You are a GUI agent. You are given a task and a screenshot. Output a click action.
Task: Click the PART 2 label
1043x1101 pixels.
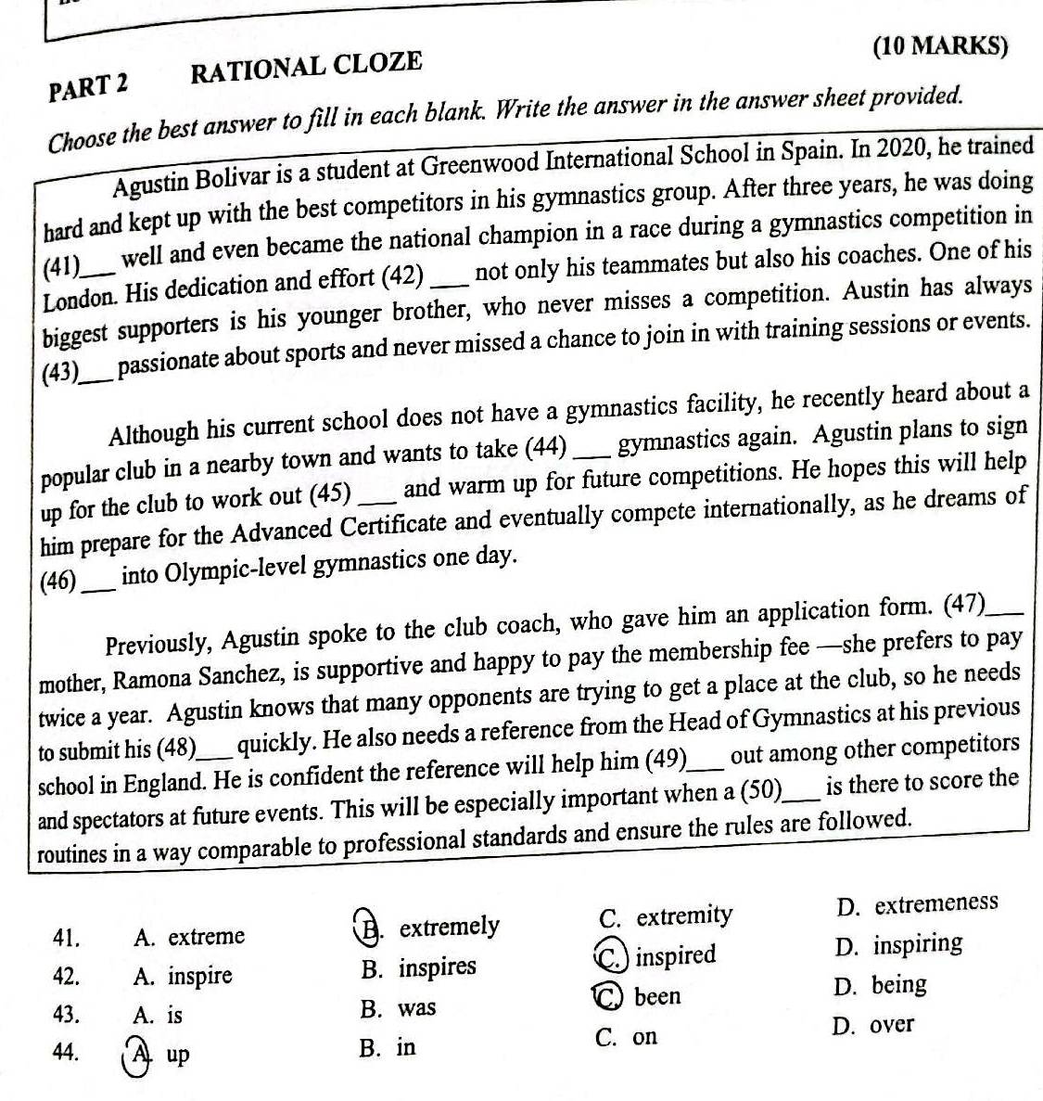click(90, 83)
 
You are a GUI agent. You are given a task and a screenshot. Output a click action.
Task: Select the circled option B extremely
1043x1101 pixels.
click(432, 927)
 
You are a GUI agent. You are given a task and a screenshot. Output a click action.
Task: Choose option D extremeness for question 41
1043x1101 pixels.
click(915, 903)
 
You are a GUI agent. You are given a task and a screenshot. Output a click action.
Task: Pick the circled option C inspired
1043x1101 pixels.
click(659, 955)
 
